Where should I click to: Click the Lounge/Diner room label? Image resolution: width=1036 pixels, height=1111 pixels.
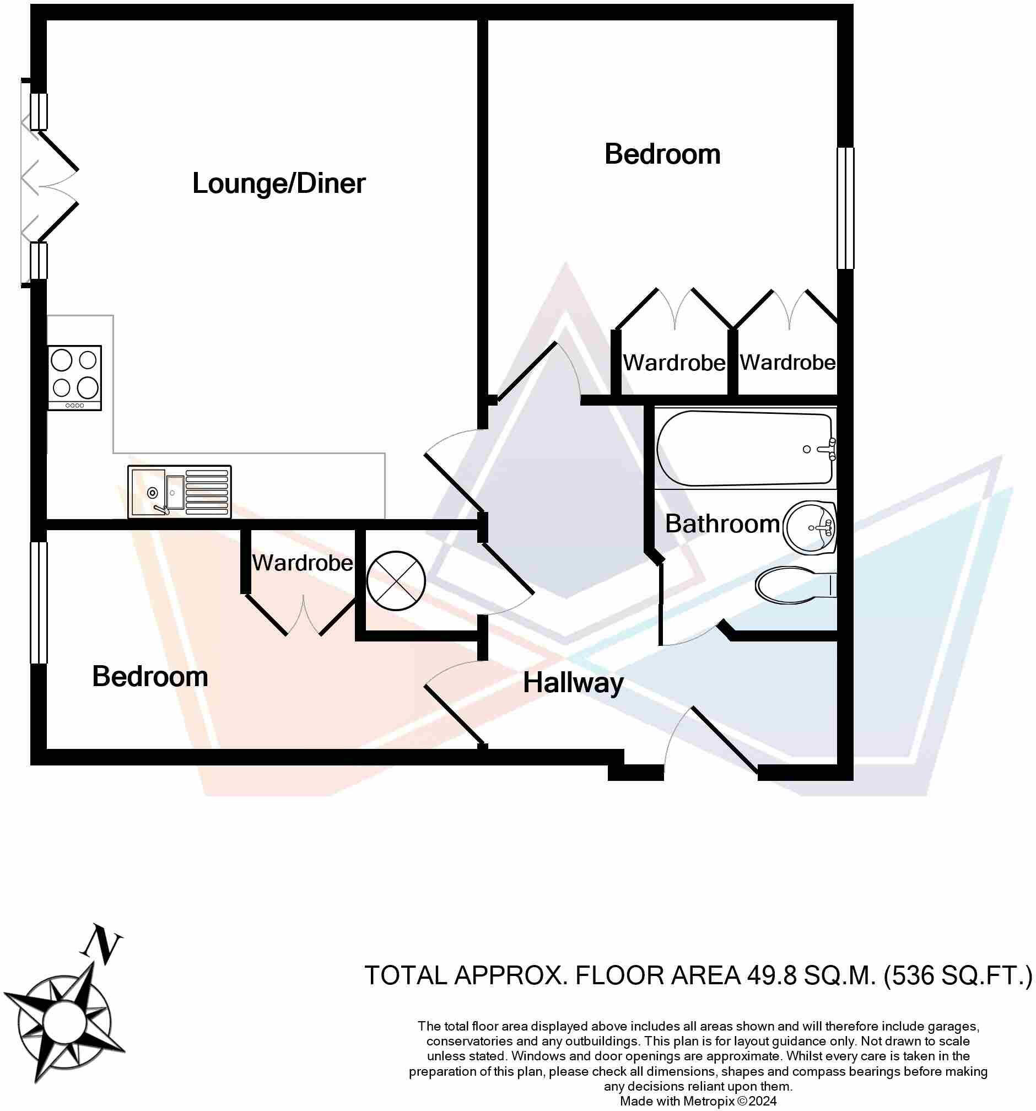coord(278,184)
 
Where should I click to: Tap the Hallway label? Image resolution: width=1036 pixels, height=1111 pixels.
coord(573,683)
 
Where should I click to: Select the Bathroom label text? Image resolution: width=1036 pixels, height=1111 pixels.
coord(722,524)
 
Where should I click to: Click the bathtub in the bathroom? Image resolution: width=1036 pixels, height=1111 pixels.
coord(745,448)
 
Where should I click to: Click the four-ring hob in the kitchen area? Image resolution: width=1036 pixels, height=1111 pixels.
coord(74,378)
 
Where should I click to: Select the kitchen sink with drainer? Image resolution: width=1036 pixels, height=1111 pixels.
coord(180,492)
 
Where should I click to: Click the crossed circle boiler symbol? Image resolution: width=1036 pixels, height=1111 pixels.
coord(396,581)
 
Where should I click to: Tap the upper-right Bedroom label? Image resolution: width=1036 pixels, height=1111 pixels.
coord(662,154)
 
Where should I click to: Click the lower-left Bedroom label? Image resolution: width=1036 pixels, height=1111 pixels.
coord(150,677)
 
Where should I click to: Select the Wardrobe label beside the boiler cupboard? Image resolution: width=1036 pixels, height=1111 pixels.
coord(303,563)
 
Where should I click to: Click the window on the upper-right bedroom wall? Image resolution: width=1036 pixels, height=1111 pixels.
coord(845,208)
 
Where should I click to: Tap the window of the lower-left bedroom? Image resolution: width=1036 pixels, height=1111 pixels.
coord(39,602)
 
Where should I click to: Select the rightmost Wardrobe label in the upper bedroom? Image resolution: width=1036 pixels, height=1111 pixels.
coord(787,363)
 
